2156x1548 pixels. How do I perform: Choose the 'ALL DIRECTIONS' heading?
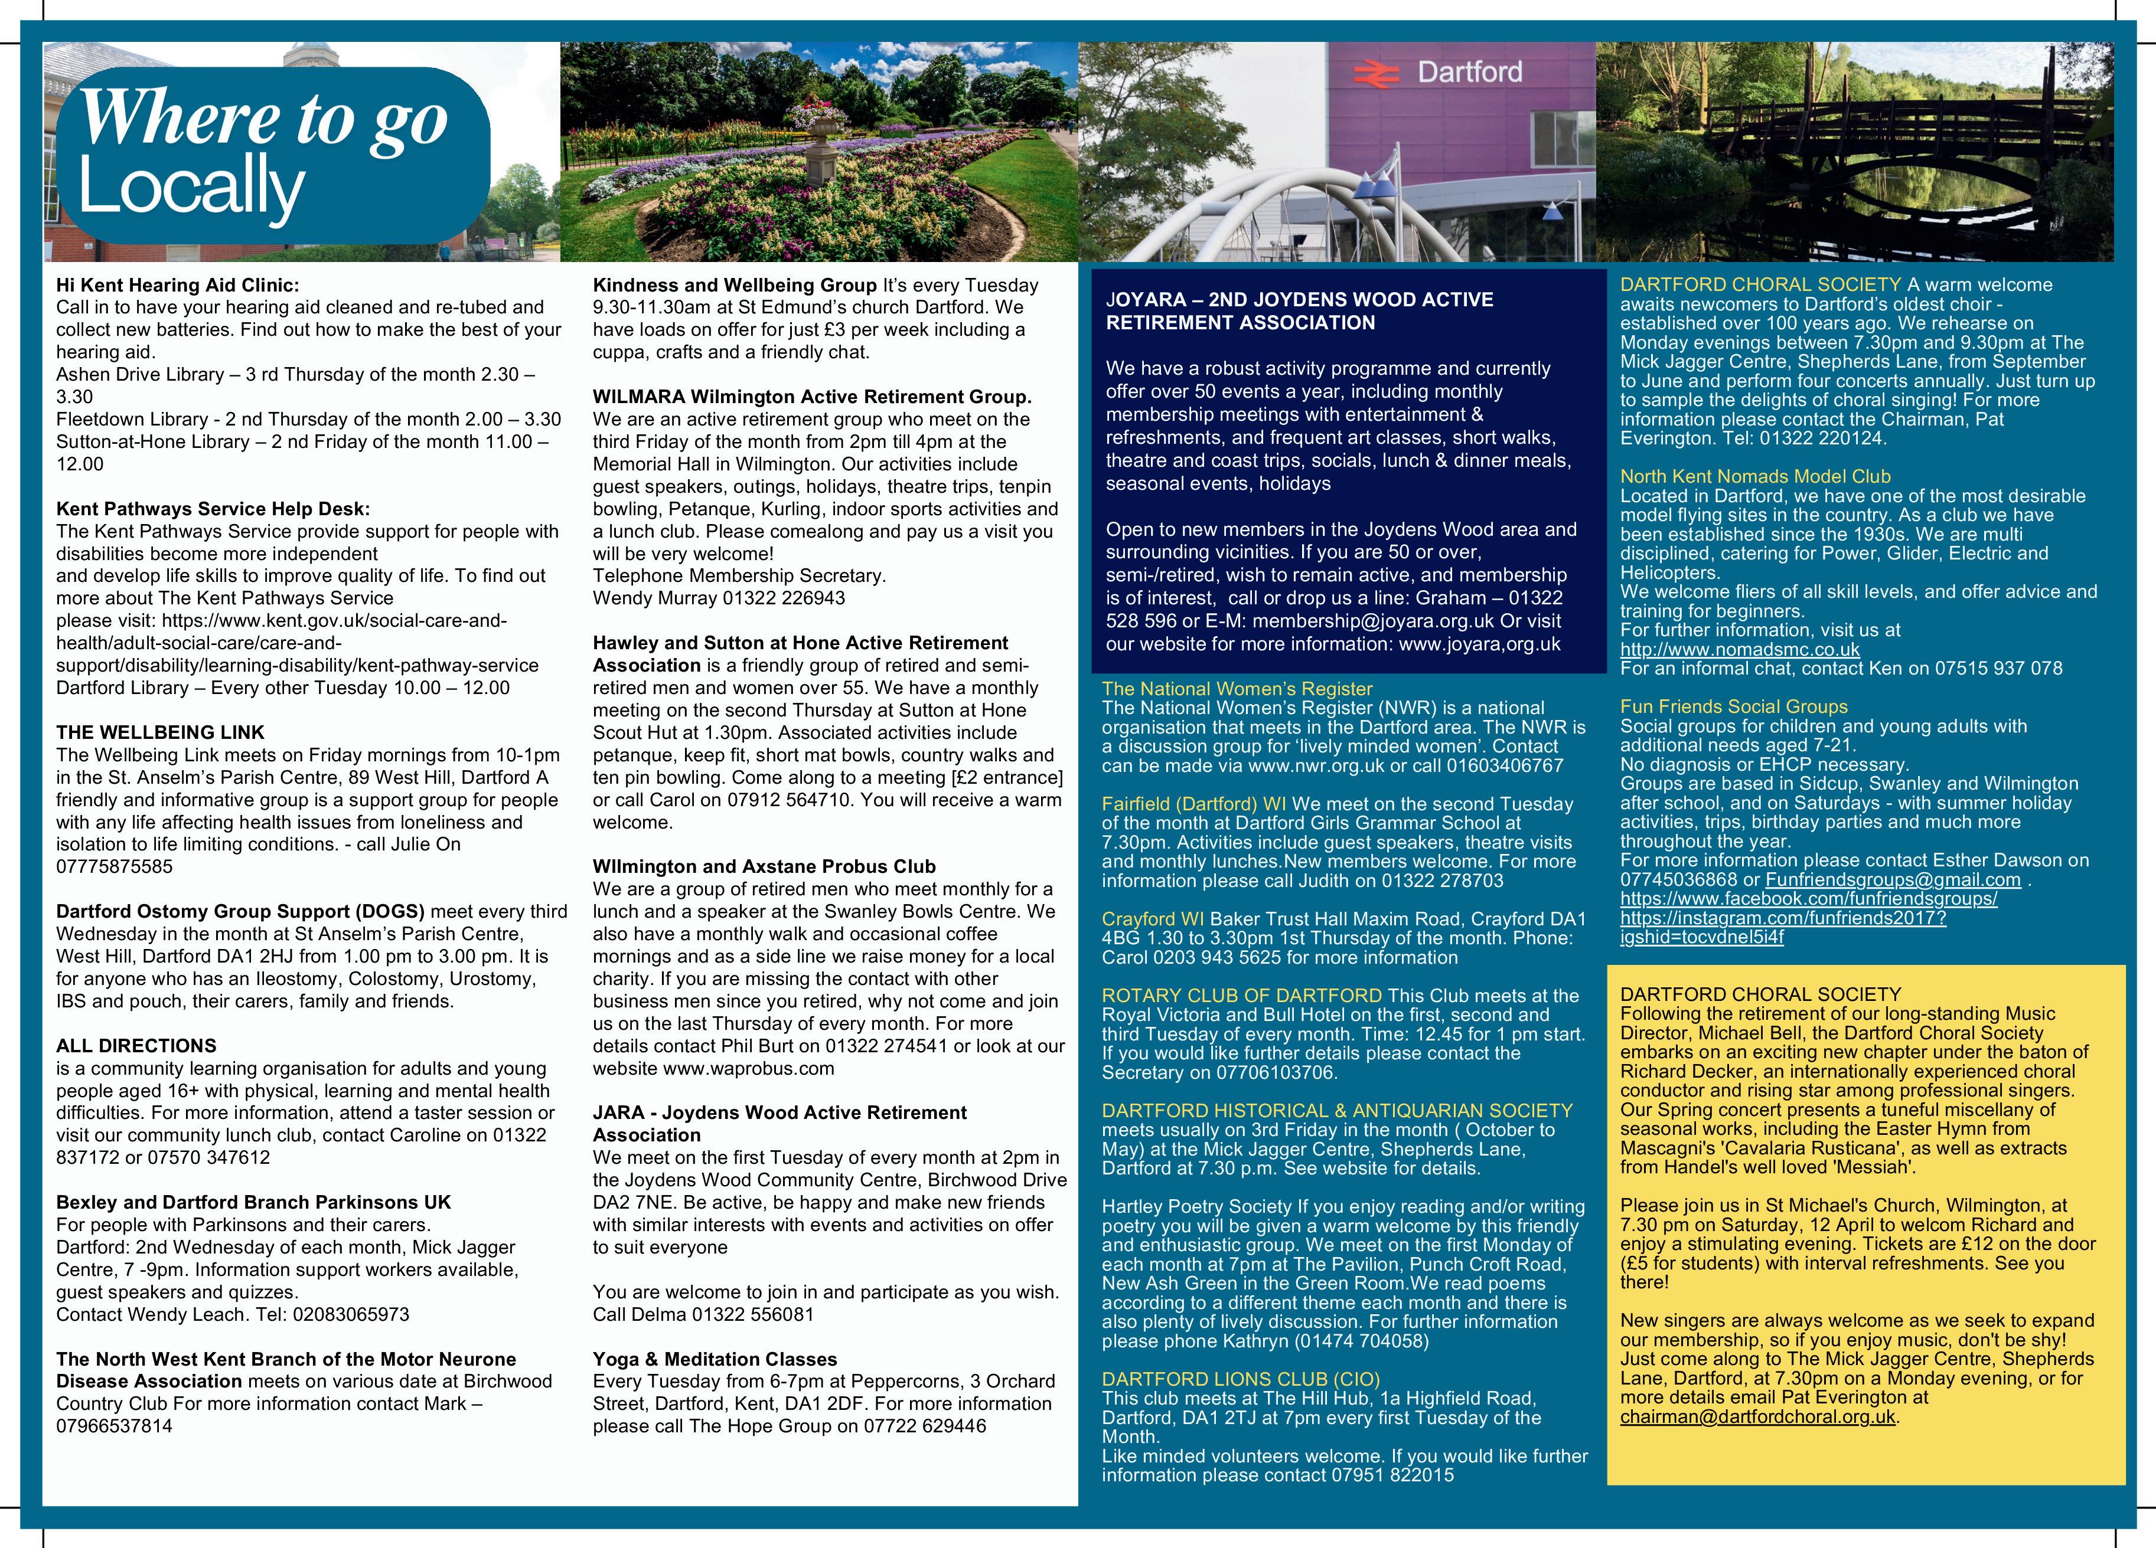coord(136,1045)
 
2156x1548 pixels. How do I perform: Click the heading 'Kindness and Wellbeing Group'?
coord(735,285)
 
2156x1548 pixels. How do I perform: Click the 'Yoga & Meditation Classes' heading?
coord(715,1359)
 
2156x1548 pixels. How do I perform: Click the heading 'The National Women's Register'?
coord(1237,689)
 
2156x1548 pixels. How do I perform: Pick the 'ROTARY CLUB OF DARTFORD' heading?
coord(1241,996)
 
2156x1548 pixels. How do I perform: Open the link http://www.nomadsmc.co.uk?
coord(1740,649)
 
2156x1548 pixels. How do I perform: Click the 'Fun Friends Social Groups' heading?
coord(1734,706)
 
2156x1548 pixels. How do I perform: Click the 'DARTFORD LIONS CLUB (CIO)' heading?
coord(1241,1379)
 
